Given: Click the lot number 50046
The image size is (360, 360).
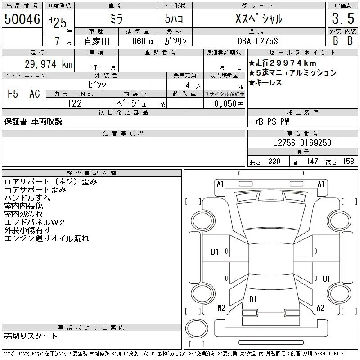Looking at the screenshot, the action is point(22,19).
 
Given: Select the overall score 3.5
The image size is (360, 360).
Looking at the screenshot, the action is point(343,18).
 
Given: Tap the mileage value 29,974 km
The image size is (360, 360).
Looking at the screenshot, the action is point(49,64).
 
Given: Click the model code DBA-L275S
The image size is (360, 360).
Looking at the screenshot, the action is point(257,41).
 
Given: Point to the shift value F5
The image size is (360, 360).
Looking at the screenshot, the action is point(13,94).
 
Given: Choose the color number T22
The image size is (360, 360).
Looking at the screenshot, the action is point(74,103).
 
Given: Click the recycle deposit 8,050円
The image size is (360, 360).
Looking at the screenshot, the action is point(229,104).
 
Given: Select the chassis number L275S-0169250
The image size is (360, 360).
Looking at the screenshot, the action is point(302,143).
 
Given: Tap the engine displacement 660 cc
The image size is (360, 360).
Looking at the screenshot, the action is point(144,41).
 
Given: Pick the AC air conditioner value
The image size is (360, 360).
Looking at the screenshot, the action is point(35,94).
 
